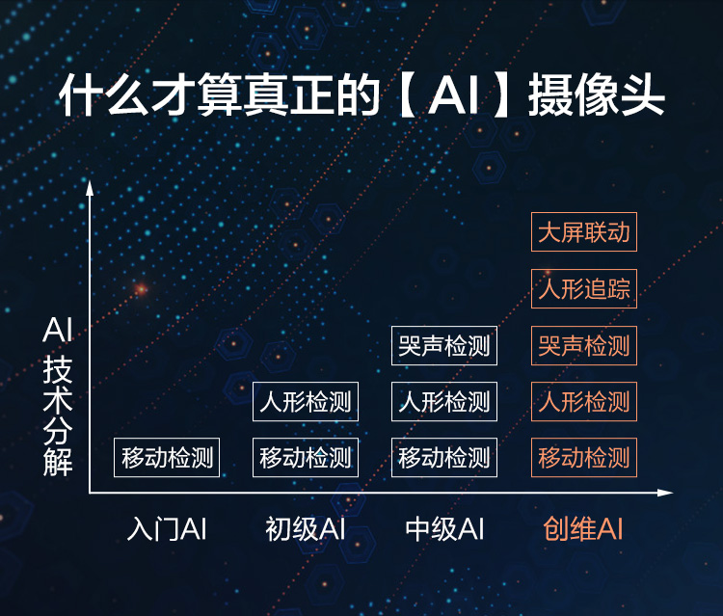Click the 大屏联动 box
(584, 232)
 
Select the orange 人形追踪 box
(584, 288)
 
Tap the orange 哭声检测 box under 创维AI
(584, 345)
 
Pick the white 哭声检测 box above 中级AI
(444, 345)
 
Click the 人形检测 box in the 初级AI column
(306, 401)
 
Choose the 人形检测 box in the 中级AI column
(444, 401)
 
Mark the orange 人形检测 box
(584, 401)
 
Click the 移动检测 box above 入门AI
(167, 457)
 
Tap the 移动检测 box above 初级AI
(306, 457)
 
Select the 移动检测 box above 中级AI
(444, 457)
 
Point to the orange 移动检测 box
(584, 457)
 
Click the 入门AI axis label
(167, 528)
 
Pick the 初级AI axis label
(306, 528)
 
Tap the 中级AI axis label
(444, 528)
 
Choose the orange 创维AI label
(583, 528)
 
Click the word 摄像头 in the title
(596, 95)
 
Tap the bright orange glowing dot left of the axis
(141, 289)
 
